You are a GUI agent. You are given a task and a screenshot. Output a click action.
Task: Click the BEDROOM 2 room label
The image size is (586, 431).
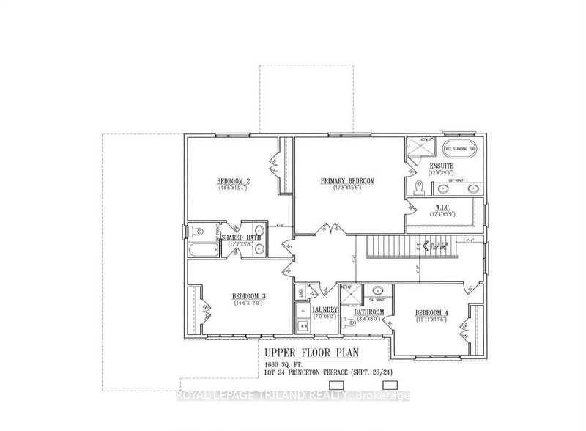(x=234, y=182)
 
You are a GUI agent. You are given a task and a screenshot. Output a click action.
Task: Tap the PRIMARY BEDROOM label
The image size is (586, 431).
(x=348, y=180)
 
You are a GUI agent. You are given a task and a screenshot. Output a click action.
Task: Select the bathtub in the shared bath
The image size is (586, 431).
(x=197, y=250)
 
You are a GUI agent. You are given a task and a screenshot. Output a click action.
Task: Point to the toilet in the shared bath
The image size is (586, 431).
(x=195, y=233)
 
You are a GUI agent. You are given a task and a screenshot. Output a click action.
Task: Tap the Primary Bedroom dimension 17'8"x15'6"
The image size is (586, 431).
(x=348, y=188)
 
